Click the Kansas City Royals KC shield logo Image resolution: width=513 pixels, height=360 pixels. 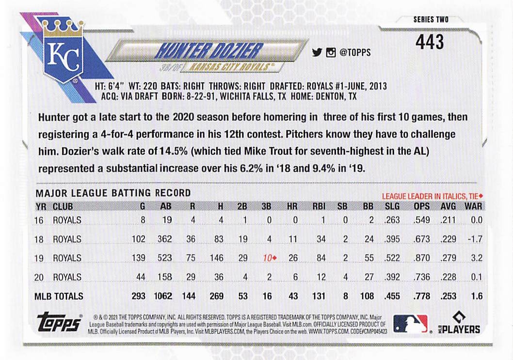pos(64,52)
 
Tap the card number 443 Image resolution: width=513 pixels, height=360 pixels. pos(429,42)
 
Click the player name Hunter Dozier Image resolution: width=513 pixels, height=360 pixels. pos(209,50)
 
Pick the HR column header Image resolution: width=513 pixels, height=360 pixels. pos(292,206)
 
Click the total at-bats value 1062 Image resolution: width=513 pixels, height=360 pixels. pos(163,296)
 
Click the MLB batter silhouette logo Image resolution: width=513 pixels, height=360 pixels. pos(410,323)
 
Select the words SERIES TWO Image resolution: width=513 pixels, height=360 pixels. pos(431,20)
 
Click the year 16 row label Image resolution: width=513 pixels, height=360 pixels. pos(39,220)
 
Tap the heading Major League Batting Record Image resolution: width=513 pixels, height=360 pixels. pos(113,193)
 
